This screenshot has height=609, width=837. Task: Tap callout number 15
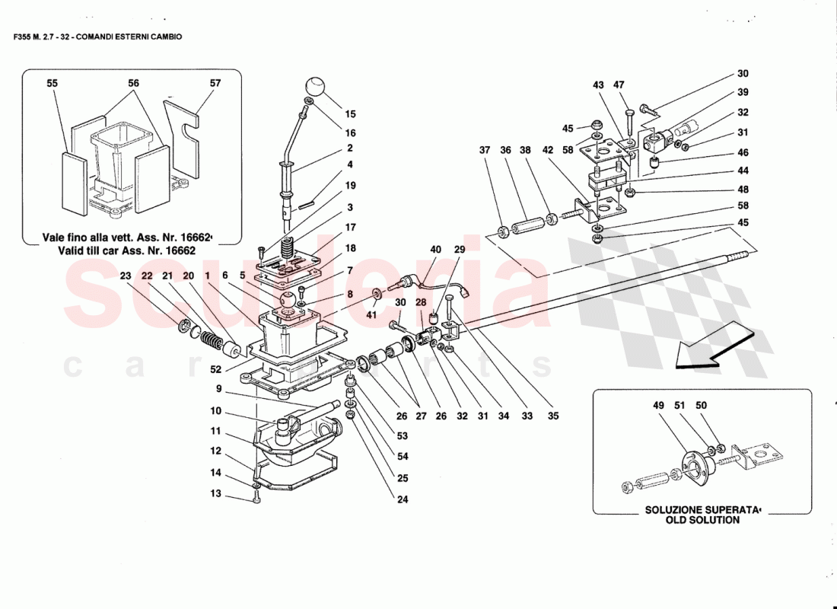tap(350, 115)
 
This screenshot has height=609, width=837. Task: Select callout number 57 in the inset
tap(215, 83)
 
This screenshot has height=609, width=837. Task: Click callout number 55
tap(52, 83)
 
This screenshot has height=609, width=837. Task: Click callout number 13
tap(215, 493)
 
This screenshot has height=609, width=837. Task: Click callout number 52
tap(216, 370)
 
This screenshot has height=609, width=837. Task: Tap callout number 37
tap(485, 150)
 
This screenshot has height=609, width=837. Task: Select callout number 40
tap(435, 250)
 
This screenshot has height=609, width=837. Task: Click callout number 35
tap(553, 416)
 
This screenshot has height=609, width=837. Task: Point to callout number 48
tap(743, 190)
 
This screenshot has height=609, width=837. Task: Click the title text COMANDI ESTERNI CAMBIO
tap(138, 37)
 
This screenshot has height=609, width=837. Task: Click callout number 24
tap(402, 499)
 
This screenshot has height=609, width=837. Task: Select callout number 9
tap(218, 388)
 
